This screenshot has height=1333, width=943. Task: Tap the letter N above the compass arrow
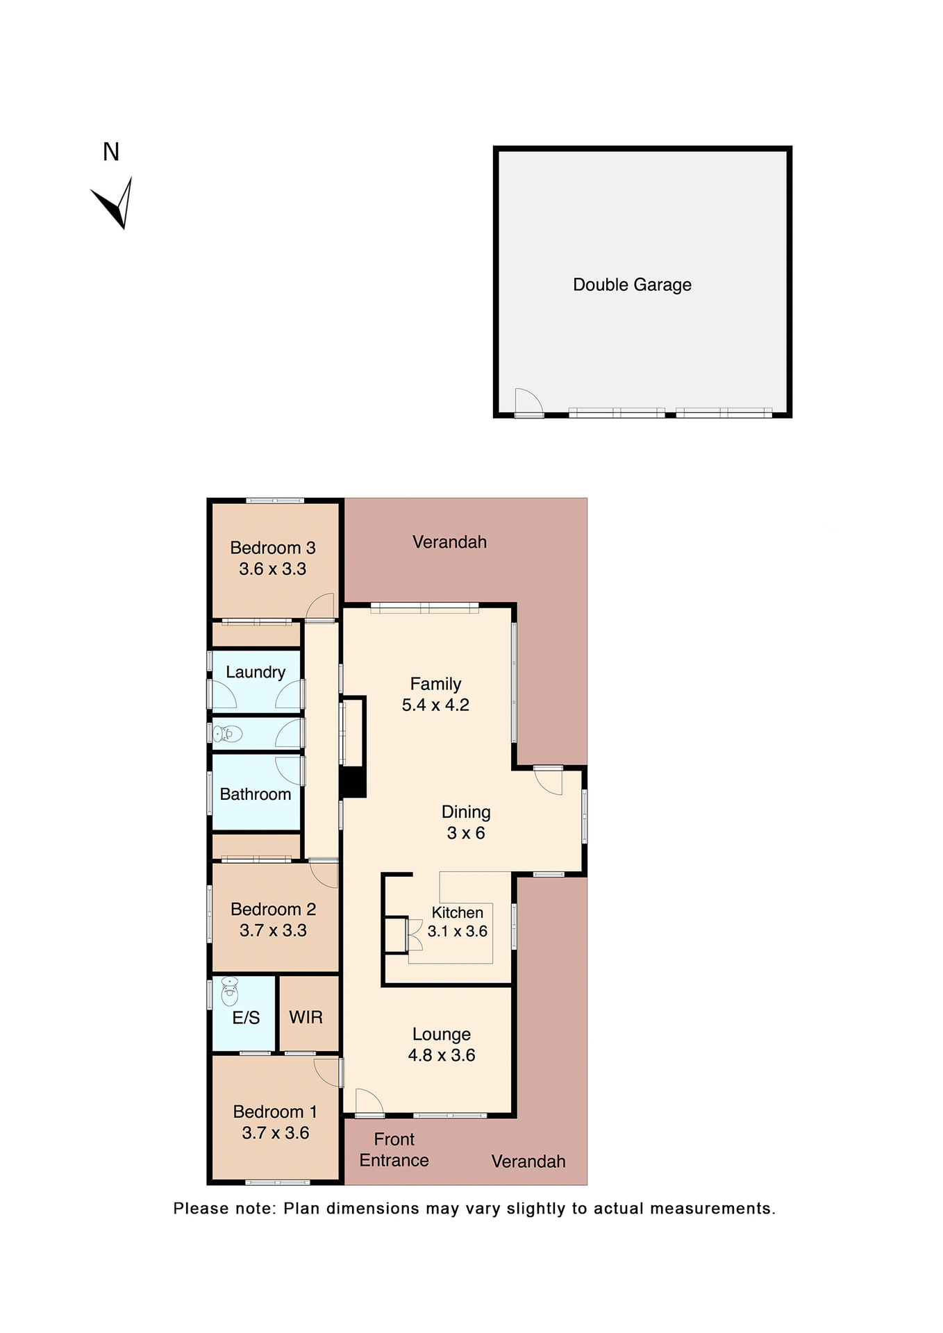click(111, 152)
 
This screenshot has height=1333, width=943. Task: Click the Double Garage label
click(632, 285)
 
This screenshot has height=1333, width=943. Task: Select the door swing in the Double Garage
click(527, 402)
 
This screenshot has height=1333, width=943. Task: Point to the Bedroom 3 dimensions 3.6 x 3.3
click(272, 569)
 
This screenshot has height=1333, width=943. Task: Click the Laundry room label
click(256, 672)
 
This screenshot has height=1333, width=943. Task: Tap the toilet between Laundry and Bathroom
click(227, 733)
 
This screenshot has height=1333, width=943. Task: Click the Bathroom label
click(256, 794)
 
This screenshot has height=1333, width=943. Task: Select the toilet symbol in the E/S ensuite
click(229, 991)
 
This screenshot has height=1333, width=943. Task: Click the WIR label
click(306, 1017)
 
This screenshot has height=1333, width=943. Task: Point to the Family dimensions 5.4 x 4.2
click(435, 705)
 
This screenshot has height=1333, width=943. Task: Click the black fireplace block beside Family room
click(354, 782)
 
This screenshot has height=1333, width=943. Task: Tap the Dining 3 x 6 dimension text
click(466, 833)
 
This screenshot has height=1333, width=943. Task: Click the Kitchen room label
click(457, 913)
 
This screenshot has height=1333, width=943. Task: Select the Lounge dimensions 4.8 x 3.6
click(442, 1055)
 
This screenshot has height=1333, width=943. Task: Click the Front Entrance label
click(394, 1150)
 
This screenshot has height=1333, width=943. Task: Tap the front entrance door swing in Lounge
click(368, 1102)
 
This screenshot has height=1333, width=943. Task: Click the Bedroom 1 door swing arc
click(327, 1072)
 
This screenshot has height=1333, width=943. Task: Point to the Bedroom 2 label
click(273, 909)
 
